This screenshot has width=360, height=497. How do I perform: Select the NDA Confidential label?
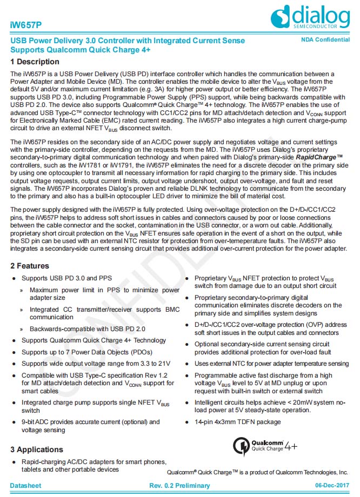coord(325,41)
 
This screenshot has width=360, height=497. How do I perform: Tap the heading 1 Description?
coord(35,62)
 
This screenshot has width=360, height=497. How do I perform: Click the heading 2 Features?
coord(30,266)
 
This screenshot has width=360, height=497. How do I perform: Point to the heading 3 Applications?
coord(37,449)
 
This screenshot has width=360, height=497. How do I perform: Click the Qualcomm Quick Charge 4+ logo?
coord(264,446)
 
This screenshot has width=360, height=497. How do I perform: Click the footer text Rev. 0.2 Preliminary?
coord(179,486)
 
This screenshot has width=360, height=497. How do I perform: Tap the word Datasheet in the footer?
coord(25,486)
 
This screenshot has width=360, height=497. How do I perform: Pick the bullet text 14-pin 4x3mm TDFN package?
coord(237,421)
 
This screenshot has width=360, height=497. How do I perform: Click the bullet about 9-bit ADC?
coord(90,426)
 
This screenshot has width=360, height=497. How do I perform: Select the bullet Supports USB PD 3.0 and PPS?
coord(66,278)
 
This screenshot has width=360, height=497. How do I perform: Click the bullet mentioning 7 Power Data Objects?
coord(86,352)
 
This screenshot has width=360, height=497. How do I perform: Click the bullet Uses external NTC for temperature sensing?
coord(271,364)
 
